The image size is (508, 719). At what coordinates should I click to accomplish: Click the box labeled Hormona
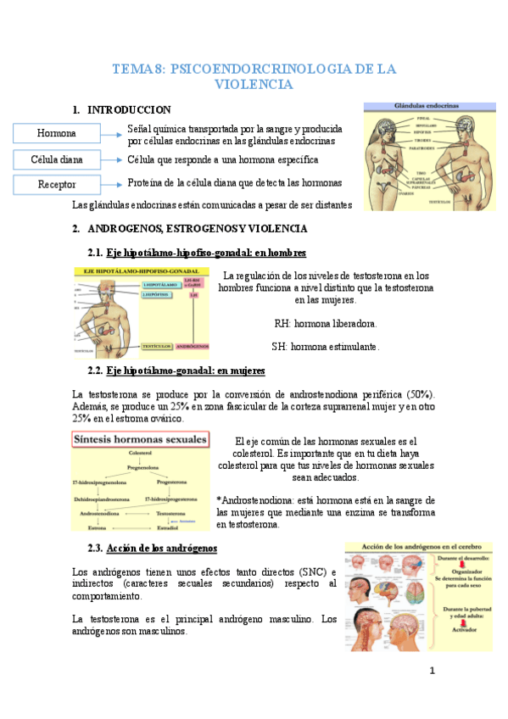pos(57,133)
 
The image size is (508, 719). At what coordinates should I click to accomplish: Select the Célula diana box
pos(57,159)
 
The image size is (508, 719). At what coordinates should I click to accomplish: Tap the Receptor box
pos(57,185)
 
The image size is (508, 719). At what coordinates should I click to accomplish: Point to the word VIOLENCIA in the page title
pos(254,85)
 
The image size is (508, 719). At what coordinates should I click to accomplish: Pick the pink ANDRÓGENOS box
pos(196,345)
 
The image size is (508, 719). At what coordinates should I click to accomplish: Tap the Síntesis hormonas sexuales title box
pos(140,439)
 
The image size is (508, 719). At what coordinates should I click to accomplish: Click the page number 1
pos(432,672)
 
